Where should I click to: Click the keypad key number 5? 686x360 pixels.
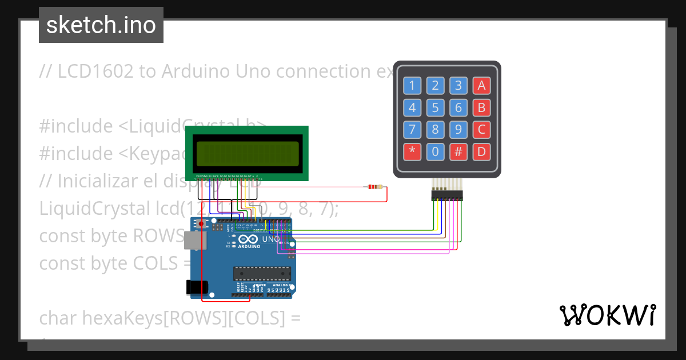[435, 107]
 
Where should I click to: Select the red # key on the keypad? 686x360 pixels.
[458, 151]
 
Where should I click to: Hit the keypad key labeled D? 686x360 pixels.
[481, 151]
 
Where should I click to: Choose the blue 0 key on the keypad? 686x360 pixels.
[435, 151]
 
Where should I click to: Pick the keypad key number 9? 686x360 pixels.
[458, 129]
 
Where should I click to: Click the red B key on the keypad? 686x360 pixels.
[481, 107]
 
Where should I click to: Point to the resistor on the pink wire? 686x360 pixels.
[376, 187]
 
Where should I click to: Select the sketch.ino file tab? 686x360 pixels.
[101, 25]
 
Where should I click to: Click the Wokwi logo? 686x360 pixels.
[607, 315]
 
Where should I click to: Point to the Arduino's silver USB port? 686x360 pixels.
[193, 241]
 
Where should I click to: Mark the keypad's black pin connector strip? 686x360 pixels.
[447, 196]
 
